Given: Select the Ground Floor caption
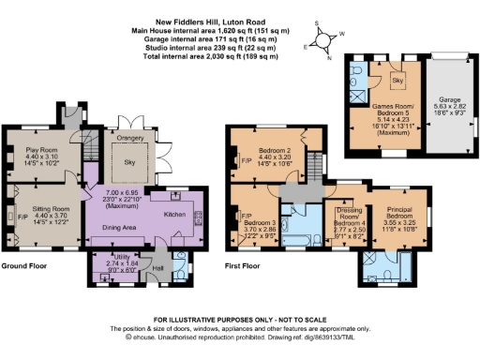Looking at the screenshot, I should point(24,292).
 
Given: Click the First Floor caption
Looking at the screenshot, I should point(246,292).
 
